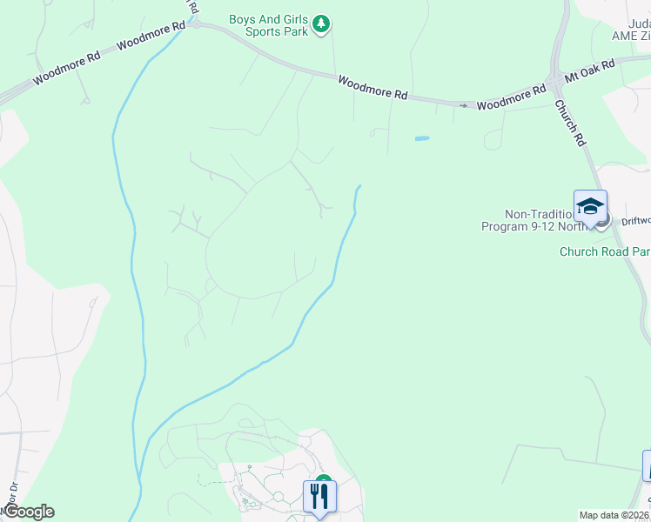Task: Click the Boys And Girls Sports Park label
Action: coord(270,25)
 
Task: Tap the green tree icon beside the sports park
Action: coord(322,23)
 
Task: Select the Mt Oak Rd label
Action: coord(590,70)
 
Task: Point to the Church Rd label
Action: coord(570,122)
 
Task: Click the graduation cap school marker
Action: coord(590,207)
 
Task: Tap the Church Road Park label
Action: coord(604,252)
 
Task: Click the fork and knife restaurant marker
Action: coord(319,497)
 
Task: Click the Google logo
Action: coord(28,512)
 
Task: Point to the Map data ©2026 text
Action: coord(614,514)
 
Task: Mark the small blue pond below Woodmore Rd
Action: coord(422,138)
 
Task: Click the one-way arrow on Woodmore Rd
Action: coord(463,106)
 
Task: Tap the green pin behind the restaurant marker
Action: coord(325,480)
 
